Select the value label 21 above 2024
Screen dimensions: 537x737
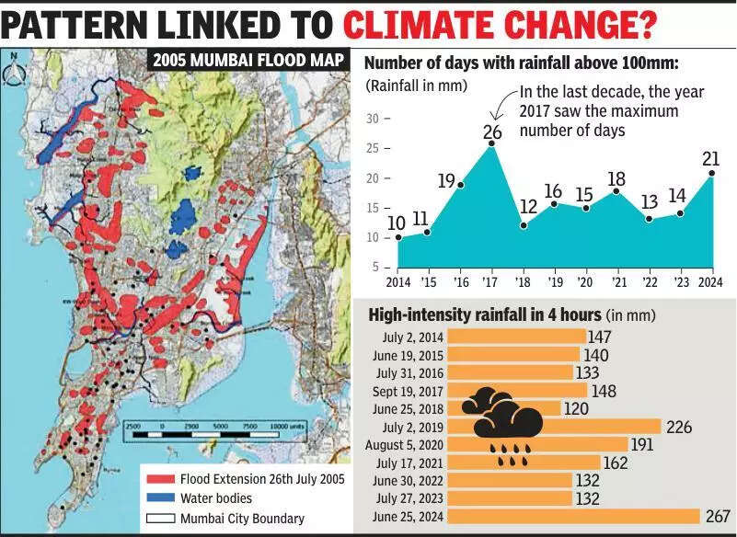pos(710,159)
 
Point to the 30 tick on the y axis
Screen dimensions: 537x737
pos(374,119)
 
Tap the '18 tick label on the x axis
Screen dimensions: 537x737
pos(524,281)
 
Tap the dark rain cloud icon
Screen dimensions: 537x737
pos(501,414)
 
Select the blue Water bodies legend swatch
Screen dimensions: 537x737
pos(158,497)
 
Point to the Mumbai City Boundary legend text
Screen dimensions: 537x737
pos(242,518)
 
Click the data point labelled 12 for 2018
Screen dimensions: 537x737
pos(524,224)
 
